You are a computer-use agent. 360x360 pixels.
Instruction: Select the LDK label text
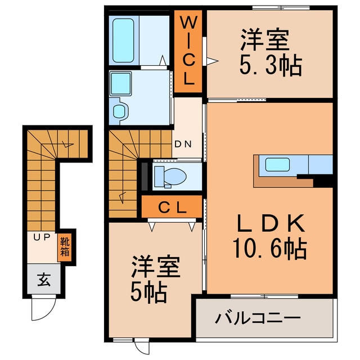coord(271,225)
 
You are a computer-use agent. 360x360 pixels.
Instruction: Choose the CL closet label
coord(171,208)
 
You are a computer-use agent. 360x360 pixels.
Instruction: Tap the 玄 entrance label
coord(43,279)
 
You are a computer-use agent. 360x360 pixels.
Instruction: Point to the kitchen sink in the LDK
coord(277,165)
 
